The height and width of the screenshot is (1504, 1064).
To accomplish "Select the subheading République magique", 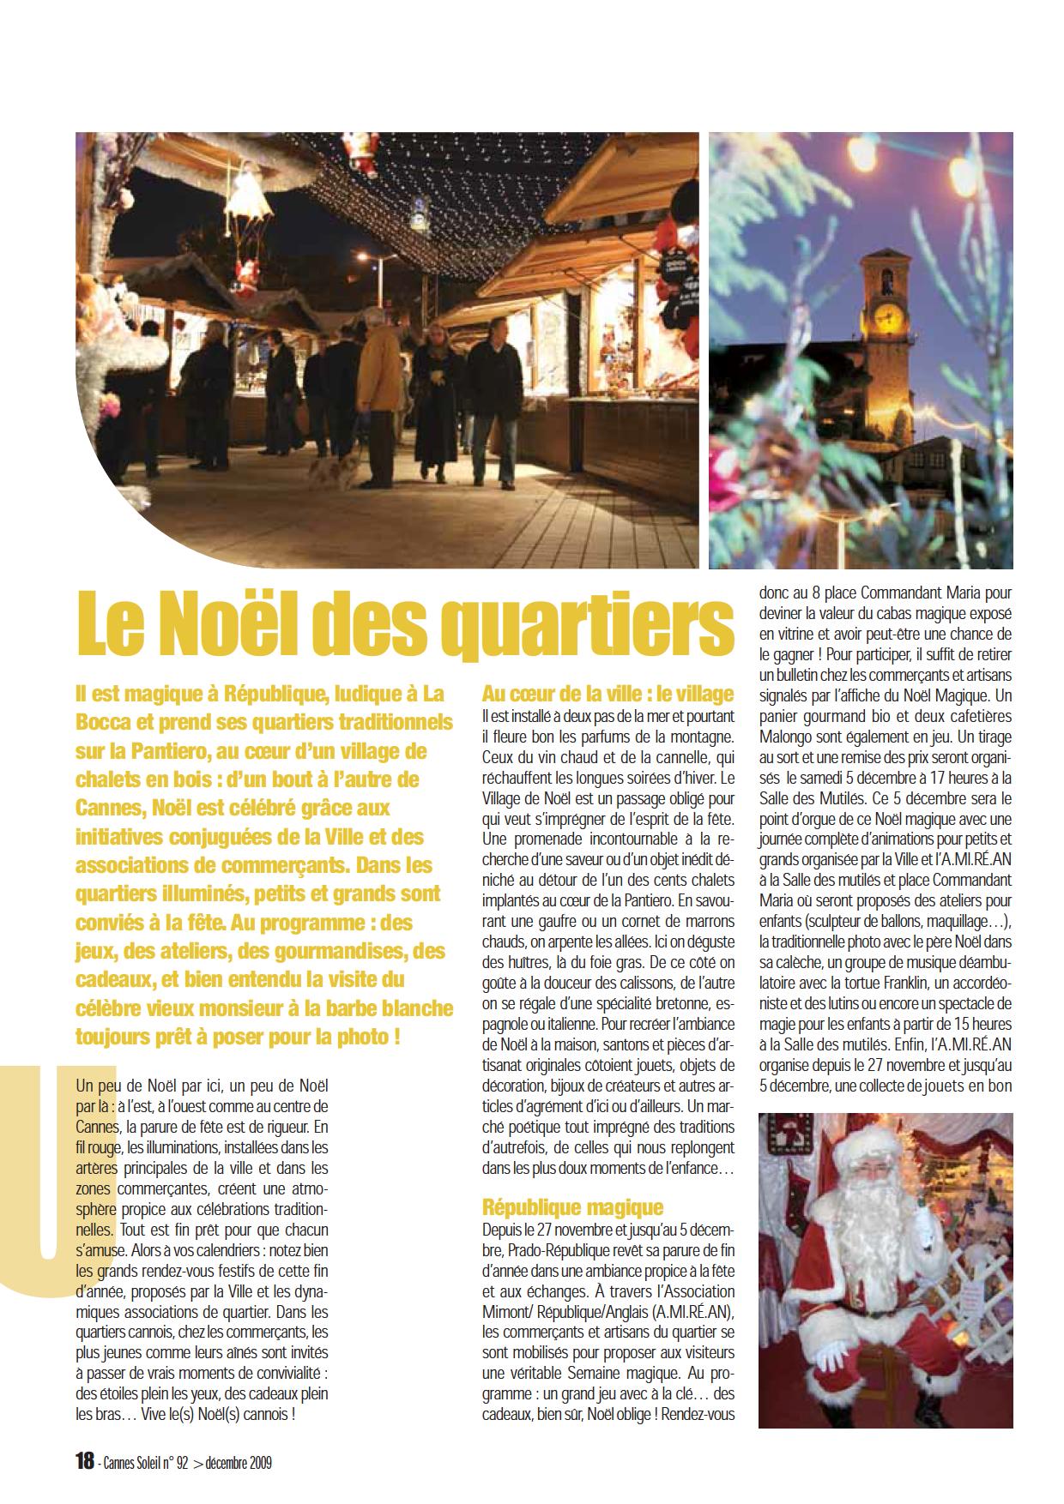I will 572,1207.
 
